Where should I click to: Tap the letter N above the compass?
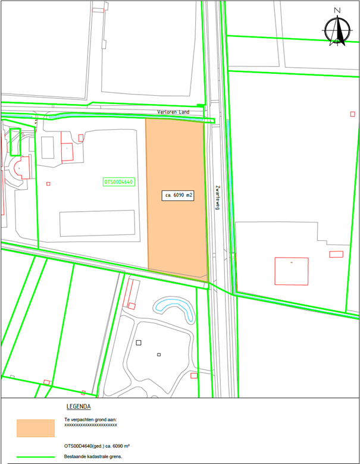click(337, 10)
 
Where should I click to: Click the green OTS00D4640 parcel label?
click(119, 182)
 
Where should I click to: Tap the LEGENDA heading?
click(79, 407)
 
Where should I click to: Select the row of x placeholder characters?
click(90, 425)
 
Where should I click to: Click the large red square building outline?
click(292, 271)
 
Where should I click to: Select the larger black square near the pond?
click(139, 343)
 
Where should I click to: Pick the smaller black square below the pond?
click(159, 355)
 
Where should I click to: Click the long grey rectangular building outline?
click(97, 222)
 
